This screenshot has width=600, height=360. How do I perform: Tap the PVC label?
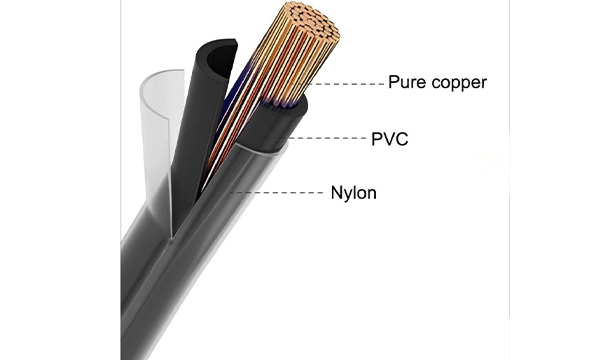click(x=390, y=139)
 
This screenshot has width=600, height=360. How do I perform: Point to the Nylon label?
click(x=354, y=193)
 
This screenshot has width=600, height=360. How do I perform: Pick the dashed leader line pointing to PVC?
click(x=326, y=138)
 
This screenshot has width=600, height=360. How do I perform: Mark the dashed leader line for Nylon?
click(x=276, y=192)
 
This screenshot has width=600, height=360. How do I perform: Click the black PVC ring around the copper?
click(x=276, y=122)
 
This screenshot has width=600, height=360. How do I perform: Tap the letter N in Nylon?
click(x=336, y=192)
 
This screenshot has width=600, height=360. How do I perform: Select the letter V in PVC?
click(x=390, y=139)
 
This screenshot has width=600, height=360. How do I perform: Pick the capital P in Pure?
click(x=394, y=82)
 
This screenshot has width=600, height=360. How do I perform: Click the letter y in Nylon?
click(x=347, y=195)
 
